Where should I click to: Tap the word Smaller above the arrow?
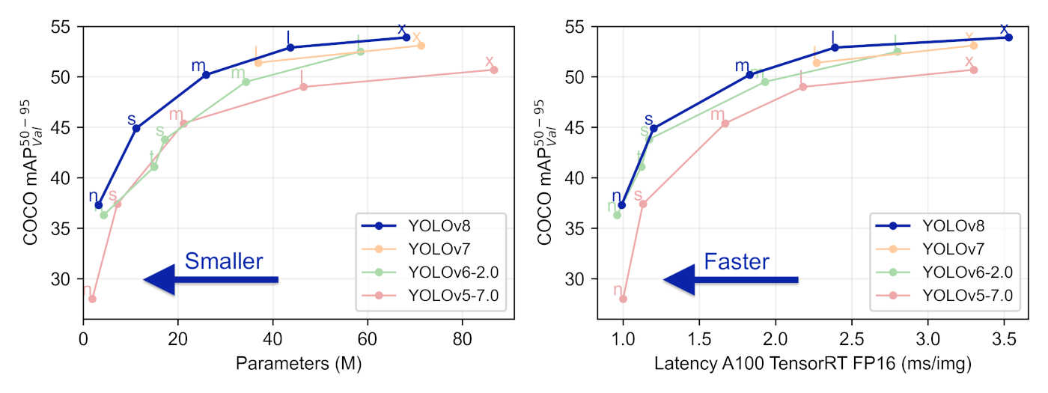coord(224,261)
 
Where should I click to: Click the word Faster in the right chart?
coord(737,261)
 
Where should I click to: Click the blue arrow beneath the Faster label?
coord(731,280)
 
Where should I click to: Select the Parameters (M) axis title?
coord(299,365)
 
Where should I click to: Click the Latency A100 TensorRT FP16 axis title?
coord(813,365)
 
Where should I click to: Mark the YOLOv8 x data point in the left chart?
coord(406,37)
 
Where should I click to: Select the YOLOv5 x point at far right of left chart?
coord(493,70)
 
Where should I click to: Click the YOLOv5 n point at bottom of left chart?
coord(92,299)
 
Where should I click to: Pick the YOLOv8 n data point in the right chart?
coord(621,204)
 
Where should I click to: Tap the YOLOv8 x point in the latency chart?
coord(1008,37)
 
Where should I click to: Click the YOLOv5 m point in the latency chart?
coord(725,123)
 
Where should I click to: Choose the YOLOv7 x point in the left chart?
coord(421,46)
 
